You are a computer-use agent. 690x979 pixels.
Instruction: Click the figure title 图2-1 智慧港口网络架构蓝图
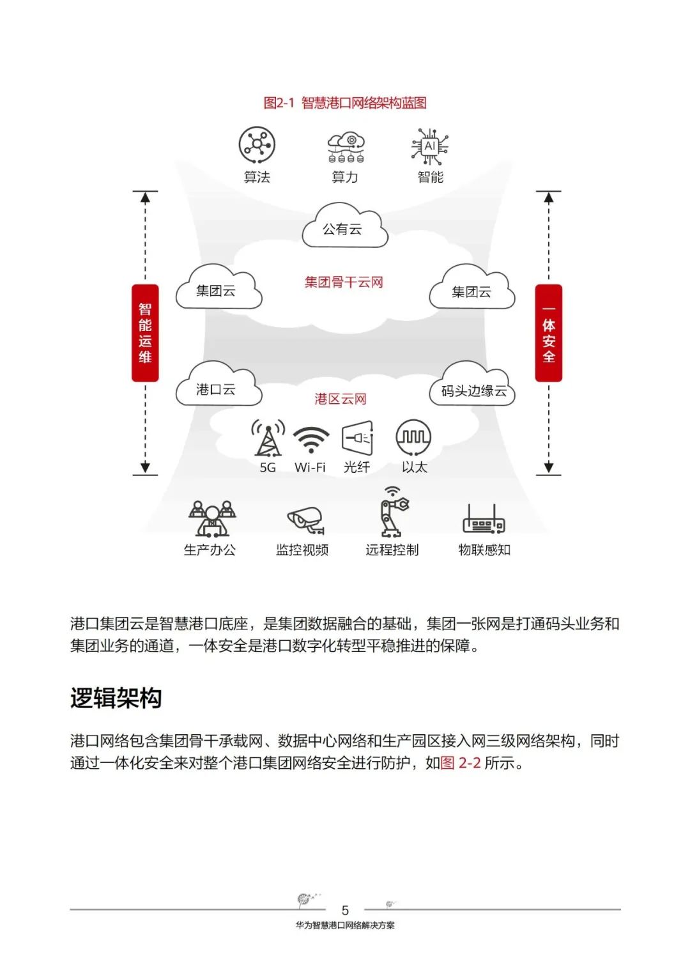tap(345, 103)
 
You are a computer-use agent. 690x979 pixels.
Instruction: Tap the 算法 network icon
tap(257, 144)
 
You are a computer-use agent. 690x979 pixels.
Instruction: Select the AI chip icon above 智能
tap(430, 146)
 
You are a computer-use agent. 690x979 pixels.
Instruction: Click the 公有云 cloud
tap(344, 227)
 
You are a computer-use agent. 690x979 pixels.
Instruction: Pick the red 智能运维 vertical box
tap(145, 333)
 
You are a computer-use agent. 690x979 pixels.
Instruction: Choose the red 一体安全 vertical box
tap(548, 333)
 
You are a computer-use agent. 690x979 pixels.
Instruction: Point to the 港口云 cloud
tap(218, 387)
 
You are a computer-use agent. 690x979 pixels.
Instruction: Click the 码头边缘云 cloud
tap(473, 387)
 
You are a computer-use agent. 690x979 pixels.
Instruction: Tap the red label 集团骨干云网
tap(344, 282)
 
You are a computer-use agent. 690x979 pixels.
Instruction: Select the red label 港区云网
tap(341, 399)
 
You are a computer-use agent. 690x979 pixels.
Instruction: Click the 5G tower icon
tap(268, 438)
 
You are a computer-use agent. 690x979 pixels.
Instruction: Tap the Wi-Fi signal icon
tap(310, 439)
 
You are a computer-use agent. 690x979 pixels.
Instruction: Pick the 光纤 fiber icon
tap(357, 438)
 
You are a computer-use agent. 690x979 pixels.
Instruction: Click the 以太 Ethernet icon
tap(413, 438)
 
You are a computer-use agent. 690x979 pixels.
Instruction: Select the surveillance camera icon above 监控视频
tap(305, 520)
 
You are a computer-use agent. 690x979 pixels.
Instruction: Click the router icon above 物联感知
tap(484, 521)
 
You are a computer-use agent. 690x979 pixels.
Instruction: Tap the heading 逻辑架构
tap(116, 698)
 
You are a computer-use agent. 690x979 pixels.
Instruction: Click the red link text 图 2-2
tap(461, 763)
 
